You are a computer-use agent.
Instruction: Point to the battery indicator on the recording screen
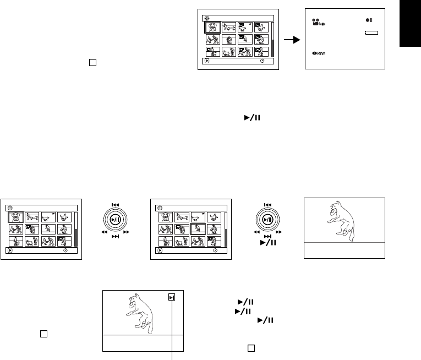click(371, 34)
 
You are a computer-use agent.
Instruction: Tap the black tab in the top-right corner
click(411, 28)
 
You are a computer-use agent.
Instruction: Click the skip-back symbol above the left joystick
click(116, 204)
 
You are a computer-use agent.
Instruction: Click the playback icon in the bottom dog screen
click(173, 298)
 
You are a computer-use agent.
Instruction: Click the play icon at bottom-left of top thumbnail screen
click(206, 61)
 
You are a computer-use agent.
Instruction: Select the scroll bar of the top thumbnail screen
click(272, 39)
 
